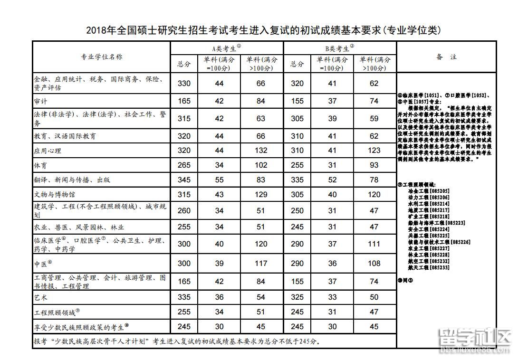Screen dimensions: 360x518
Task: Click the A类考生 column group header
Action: [227, 48]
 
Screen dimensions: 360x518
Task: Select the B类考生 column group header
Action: [340, 48]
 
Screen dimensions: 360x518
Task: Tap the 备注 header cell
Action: [446, 57]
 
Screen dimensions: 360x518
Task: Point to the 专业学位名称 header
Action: [101, 57]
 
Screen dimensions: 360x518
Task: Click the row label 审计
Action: [41, 101]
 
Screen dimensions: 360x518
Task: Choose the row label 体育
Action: [41, 165]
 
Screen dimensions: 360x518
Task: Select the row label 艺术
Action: [41, 298]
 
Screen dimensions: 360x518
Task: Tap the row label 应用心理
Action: [48, 151]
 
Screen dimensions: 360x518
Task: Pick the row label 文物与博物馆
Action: [54, 195]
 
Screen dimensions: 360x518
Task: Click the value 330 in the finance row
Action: [184, 84]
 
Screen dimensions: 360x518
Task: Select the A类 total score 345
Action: [184, 180]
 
